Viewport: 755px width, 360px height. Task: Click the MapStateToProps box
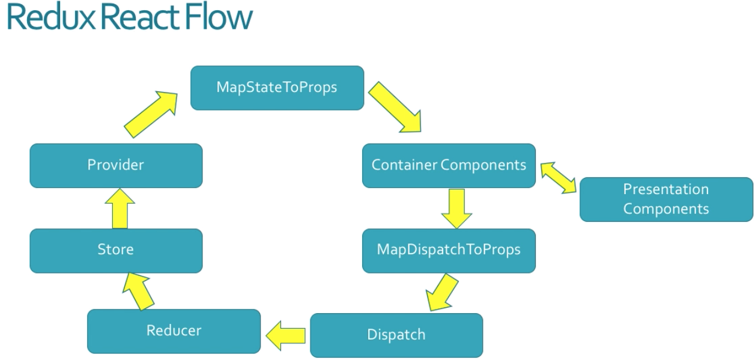click(277, 88)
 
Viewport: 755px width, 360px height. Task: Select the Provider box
click(116, 165)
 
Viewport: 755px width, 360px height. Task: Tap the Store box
click(116, 250)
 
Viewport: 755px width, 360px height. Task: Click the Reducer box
click(174, 331)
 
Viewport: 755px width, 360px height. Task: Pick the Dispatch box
click(396, 335)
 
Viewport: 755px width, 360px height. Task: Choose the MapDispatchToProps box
click(449, 250)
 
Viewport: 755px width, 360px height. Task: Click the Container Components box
click(449, 165)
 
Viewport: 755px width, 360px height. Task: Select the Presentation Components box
click(666, 200)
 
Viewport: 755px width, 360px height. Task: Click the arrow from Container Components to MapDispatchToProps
click(456, 208)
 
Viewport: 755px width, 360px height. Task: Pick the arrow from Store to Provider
click(120, 208)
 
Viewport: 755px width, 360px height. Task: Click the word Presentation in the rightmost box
click(666, 189)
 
